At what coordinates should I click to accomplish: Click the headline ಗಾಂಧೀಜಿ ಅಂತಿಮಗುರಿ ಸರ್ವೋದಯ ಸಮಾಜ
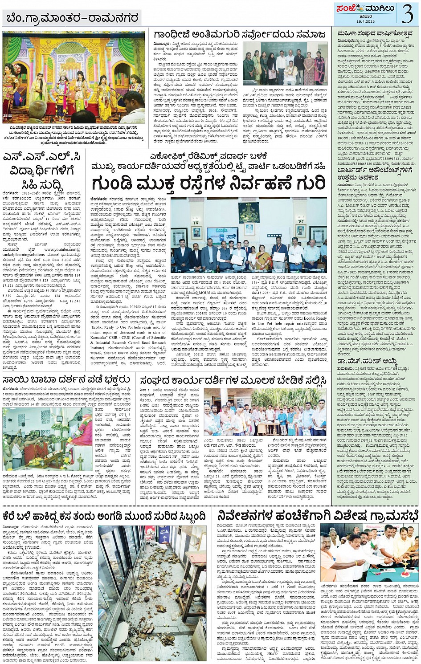[x=240, y=35]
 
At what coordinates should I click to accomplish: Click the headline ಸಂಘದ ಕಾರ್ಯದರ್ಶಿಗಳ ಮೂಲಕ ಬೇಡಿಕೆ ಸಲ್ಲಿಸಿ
[x=233, y=381]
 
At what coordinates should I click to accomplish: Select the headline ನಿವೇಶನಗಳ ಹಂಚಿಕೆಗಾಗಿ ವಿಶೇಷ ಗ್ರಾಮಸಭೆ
[x=318, y=515]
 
